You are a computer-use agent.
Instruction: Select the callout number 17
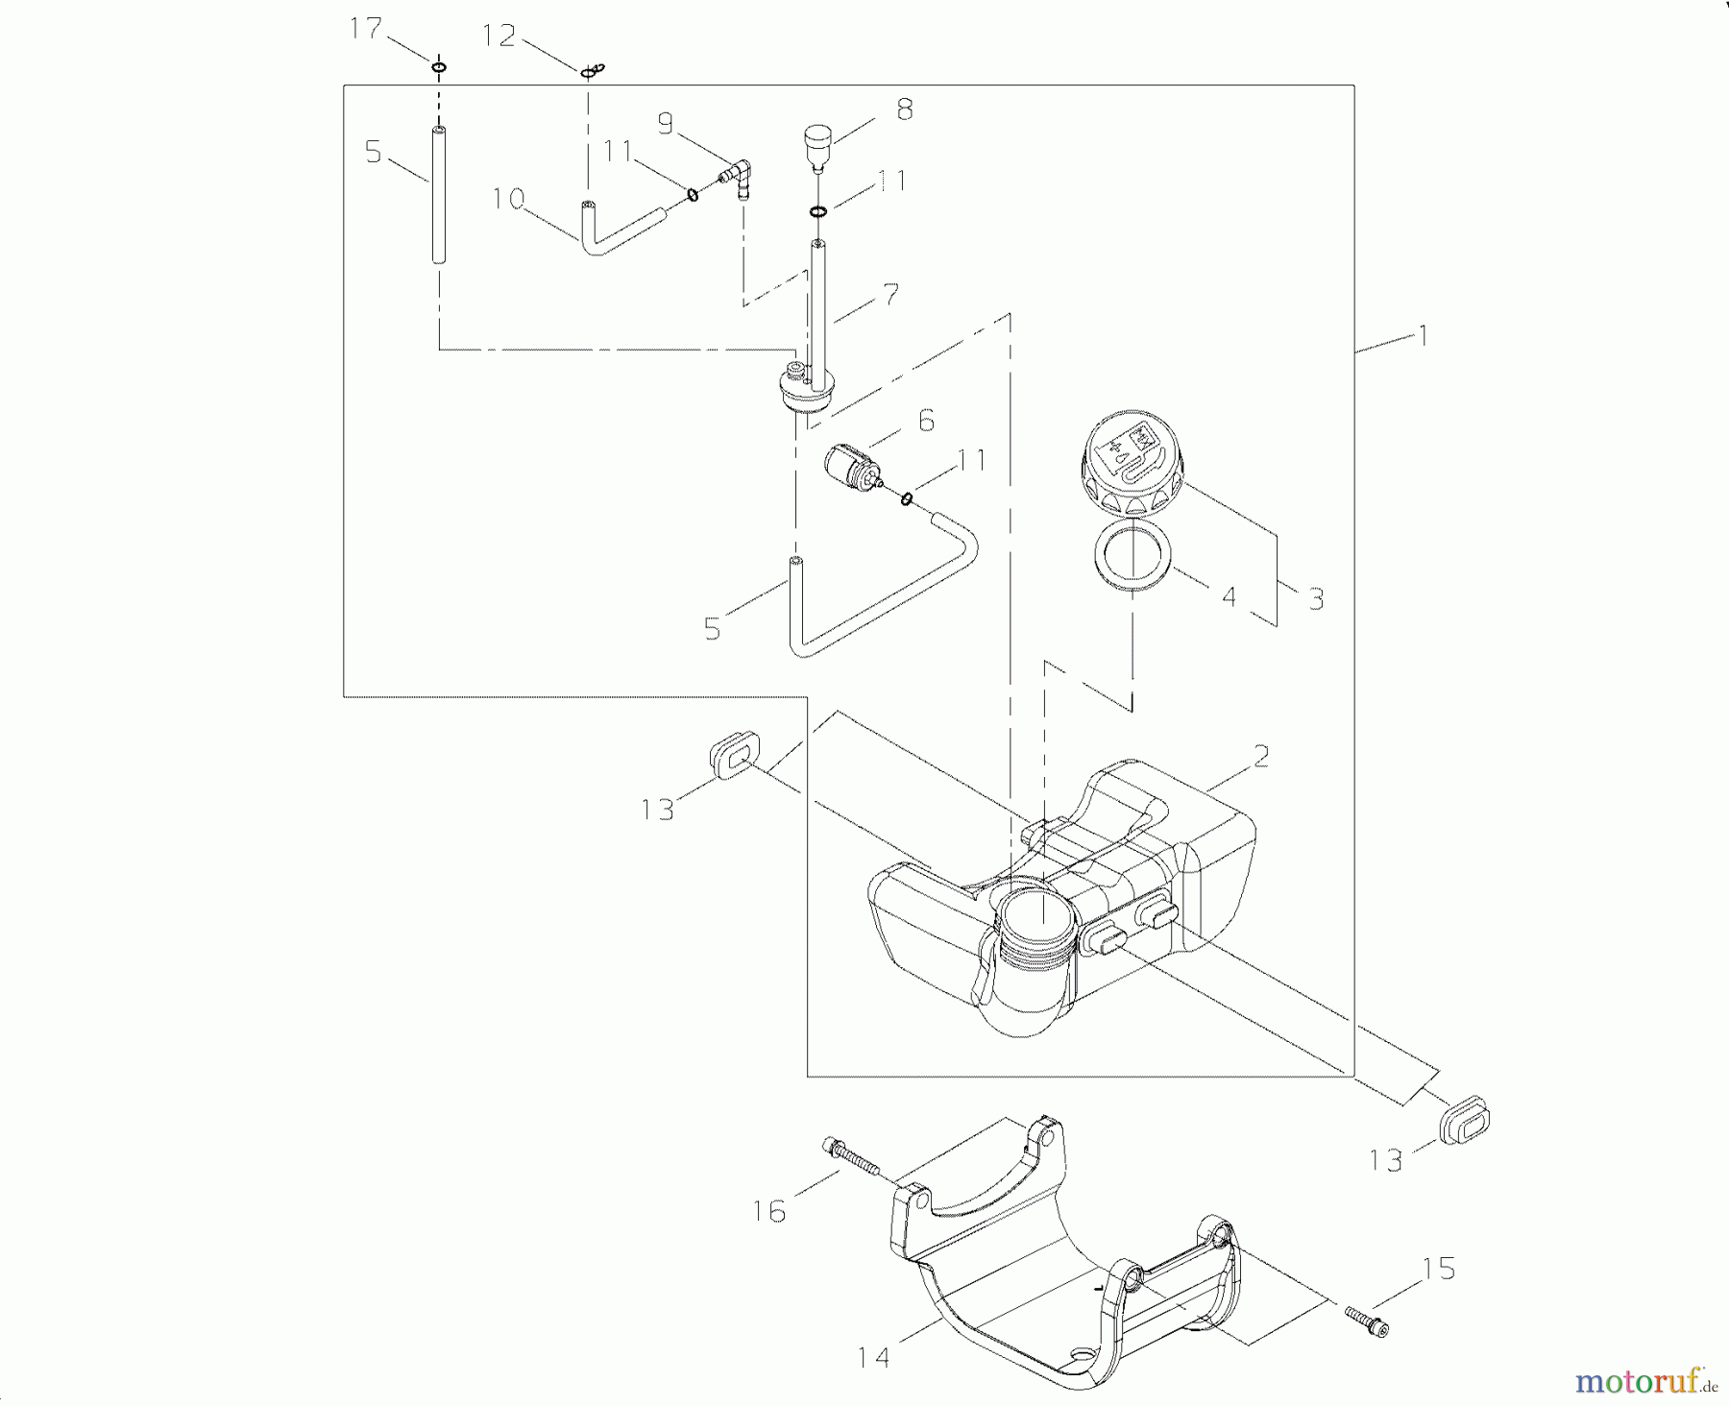366,29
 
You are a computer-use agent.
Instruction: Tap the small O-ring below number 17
439,67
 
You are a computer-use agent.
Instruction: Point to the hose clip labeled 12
592,70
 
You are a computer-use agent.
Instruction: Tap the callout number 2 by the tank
1261,756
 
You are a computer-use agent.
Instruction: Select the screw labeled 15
1367,1319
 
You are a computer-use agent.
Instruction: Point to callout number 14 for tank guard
874,1357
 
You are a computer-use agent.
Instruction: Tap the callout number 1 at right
1424,335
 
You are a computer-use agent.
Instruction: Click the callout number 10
508,199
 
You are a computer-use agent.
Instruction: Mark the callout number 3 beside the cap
1316,599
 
